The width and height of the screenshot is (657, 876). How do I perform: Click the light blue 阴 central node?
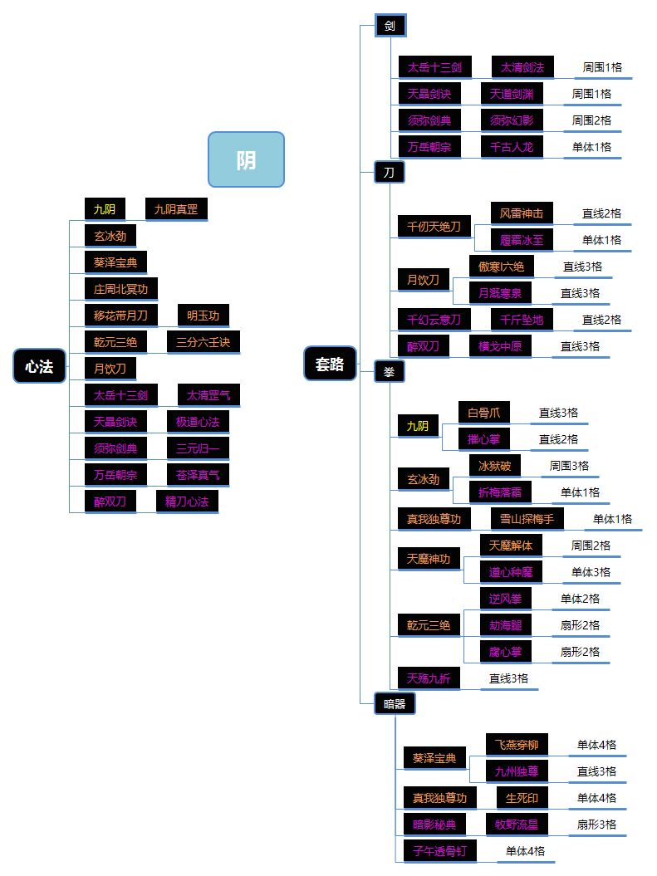tap(246, 159)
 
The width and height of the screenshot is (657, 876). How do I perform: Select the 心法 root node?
tap(39, 366)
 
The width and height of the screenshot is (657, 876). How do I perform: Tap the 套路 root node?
tap(330, 364)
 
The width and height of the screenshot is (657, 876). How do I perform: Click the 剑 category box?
tap(390, 26)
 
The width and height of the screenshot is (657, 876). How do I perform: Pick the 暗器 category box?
tap(395, 704)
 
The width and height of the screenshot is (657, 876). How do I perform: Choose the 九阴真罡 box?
tap(176, 209)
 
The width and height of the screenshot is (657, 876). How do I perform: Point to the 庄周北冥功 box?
tap(121, 289)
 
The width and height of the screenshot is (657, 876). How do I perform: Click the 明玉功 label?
tap(203, 316)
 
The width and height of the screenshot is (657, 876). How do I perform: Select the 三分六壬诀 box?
tap(203, 342)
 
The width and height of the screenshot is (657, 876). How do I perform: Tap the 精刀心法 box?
tap(187, 502)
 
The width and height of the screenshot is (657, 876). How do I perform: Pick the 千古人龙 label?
tap(512, 147)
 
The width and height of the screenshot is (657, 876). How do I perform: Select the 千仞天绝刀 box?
tap(434, 227)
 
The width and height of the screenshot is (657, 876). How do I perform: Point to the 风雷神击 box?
tap(522, 213)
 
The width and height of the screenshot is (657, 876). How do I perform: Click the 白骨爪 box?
tap(484, 413)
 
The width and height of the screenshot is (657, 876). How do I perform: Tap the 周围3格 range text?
tap(569, 466)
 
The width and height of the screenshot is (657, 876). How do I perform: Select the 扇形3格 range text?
tap(596, 825)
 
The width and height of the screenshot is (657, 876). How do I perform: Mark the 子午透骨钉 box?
tap(440, 851)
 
